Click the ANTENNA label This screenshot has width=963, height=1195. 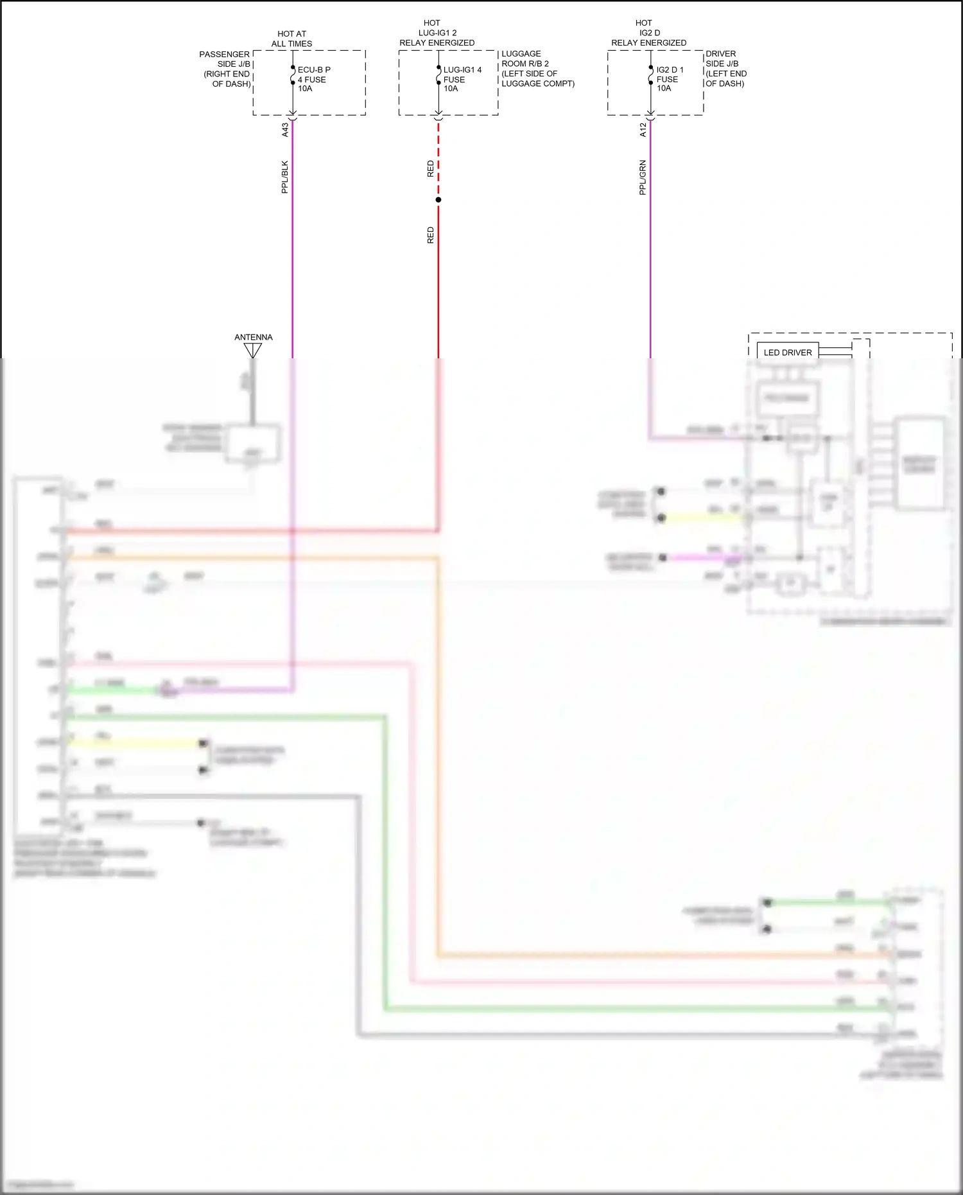pos(253,337)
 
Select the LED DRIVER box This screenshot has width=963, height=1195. pos(788,353)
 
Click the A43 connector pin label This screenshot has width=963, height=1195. pos(285,130)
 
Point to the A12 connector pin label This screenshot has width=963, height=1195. pos(643,130)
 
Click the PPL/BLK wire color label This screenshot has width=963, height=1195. pos(285,177)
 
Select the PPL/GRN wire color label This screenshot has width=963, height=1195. pos(643,177)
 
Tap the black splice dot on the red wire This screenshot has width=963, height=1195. pos(438,200)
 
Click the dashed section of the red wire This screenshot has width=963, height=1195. pos(438,157)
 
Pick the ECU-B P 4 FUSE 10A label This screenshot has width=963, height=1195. pos(313,79)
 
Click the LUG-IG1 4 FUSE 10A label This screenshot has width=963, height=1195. pos(461,79)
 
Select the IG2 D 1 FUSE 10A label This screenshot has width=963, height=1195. pos(669,79)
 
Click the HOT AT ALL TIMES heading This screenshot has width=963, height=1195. pos(291,39)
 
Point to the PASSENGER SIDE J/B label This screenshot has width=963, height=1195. pos(225,69)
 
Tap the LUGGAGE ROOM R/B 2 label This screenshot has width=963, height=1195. pos(537,69)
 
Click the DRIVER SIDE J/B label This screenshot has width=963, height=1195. pos(725,69)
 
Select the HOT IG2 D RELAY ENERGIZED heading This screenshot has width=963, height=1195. pos(648,33)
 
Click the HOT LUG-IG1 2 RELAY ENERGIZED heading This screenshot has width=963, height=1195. pos(437,33)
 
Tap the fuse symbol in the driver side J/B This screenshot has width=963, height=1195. pos(650,75)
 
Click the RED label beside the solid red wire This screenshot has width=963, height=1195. pos(431,235)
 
